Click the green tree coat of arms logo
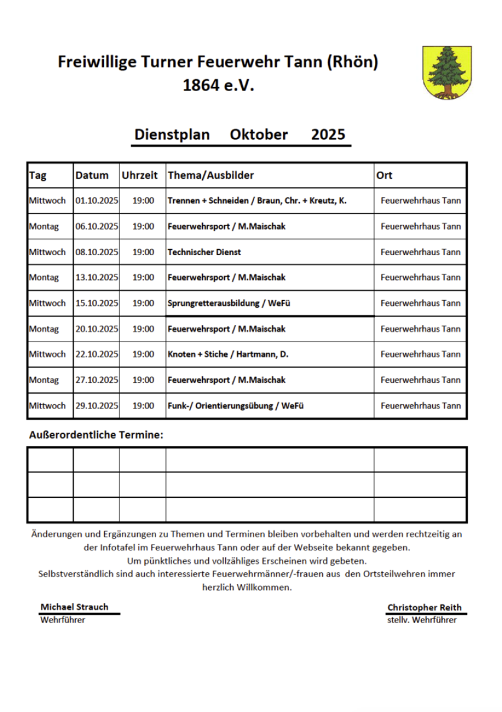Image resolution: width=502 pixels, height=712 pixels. (x=446, y=72)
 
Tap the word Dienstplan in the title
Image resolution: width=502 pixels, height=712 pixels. (x=171, y=134)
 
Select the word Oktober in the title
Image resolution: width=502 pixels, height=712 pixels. (x=259, y=134)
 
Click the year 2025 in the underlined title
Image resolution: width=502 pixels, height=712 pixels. (x=328, y=134)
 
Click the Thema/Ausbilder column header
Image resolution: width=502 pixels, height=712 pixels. (x=211, y=175)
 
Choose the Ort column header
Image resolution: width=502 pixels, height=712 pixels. (x=384, y=175)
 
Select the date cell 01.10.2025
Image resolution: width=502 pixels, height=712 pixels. (x=97, y=201)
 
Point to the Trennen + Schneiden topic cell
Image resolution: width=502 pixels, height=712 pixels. (x=257, y=201)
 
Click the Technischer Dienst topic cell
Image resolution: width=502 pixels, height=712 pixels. (x=205, y=252)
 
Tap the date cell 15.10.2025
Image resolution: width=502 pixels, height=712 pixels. (x=97, y=303)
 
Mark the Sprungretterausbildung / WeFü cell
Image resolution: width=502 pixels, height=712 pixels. (x=229, y=303)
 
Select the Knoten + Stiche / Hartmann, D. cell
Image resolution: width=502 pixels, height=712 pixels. (x=228, y=354)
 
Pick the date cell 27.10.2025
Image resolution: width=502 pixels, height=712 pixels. (x=97, y=380)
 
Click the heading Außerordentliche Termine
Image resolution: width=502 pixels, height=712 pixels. (x=96, y=435)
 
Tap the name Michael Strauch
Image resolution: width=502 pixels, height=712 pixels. (x=75, y=607)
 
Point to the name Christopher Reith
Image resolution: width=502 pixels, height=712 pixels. (x=424, y=607)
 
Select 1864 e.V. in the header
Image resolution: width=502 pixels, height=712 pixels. (x=218, y=85)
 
